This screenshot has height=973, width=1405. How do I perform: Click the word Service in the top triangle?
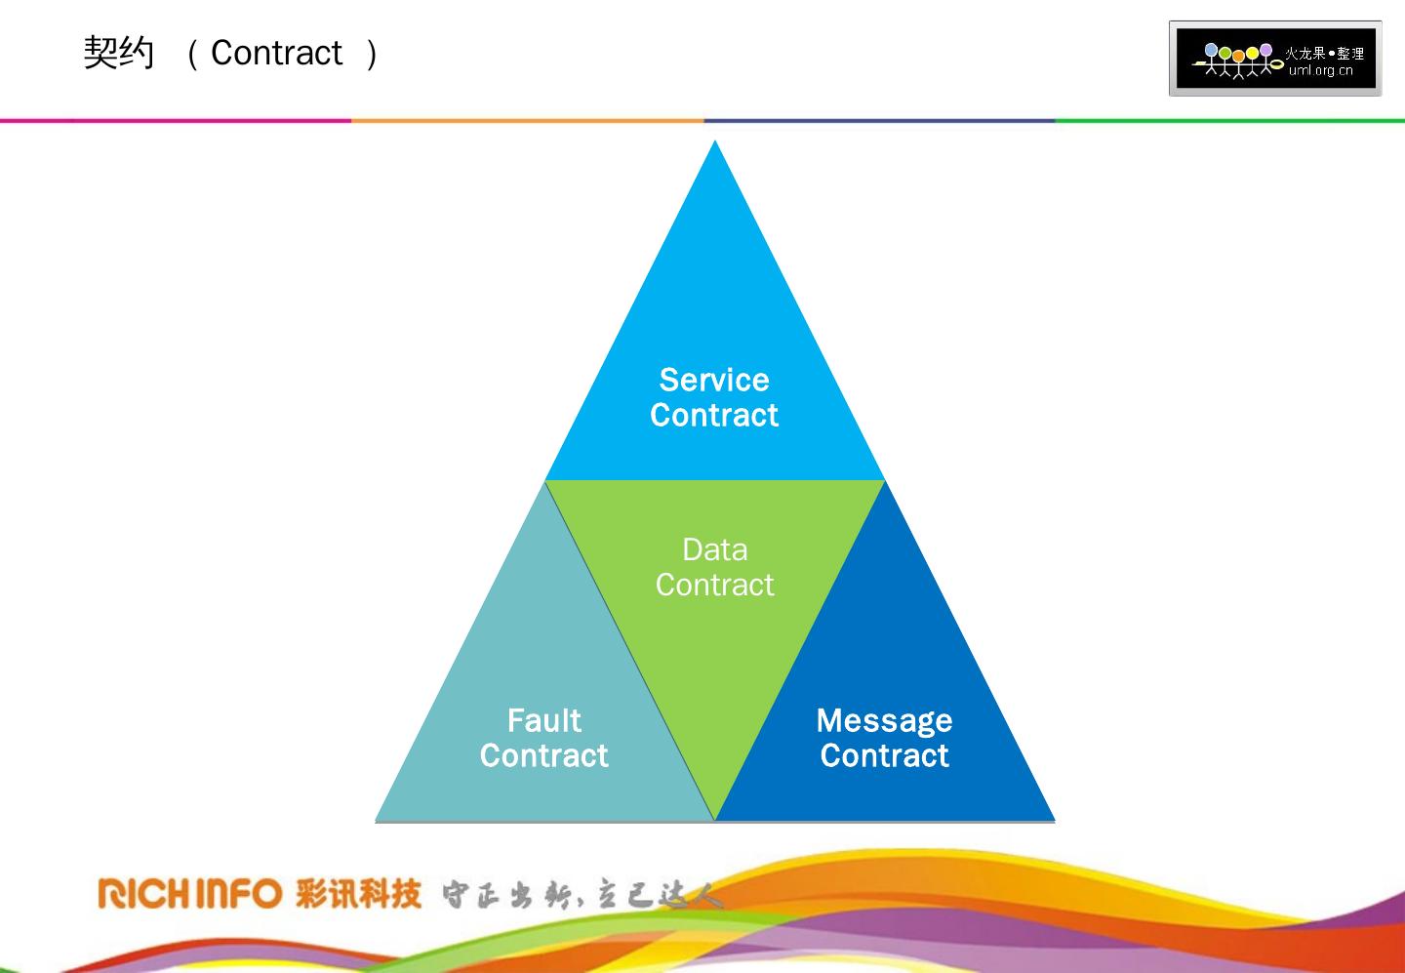714,380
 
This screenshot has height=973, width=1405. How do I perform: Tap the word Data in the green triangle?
714,549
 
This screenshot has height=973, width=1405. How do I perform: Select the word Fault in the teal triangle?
543,720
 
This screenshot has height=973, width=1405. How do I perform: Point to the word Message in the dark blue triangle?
884,720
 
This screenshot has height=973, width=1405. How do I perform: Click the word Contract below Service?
714,416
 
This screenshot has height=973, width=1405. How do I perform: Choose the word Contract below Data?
714,585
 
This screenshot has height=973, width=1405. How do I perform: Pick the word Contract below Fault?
543,755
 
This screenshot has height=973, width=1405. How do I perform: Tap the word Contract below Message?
884,755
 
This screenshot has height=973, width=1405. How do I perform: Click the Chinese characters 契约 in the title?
119,53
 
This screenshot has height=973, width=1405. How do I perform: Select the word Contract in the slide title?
276,53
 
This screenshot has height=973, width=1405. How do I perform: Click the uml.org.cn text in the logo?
1320,70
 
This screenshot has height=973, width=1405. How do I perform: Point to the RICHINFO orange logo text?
189,893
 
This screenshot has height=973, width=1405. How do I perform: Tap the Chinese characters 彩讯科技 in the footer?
358,893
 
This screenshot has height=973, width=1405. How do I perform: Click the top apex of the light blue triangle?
715,144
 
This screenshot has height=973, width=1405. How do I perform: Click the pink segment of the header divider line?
176,121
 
